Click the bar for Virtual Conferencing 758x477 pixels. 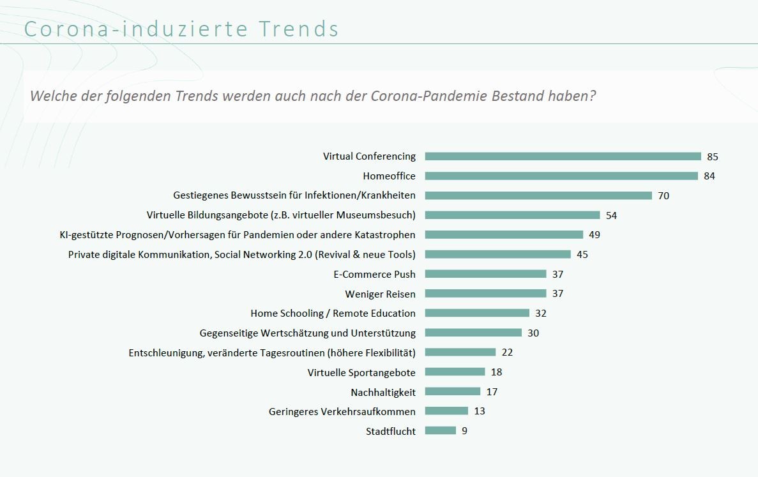click(563, 156)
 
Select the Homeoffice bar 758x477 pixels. click(561, 176)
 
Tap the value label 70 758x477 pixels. click(663, 196)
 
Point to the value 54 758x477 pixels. click(611, 216)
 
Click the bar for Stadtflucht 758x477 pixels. click(440, 431)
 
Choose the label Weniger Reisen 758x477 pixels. click(380, 294)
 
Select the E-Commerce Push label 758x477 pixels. click(374, 274)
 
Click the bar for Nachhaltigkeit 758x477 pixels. click(452, 391)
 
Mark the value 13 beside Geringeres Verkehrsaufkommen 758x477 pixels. click(480, 411)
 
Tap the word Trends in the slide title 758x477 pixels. click(299, 29)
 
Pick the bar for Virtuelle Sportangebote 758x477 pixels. click(455, 372)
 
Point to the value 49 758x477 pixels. click(595, 235)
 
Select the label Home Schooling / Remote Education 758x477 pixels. click(333, 314)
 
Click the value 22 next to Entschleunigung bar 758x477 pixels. click(507, 352)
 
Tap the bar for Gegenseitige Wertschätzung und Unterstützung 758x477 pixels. click(473, 333)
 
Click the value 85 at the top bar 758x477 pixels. click(713, 157)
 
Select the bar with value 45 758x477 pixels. click(497, 254)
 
